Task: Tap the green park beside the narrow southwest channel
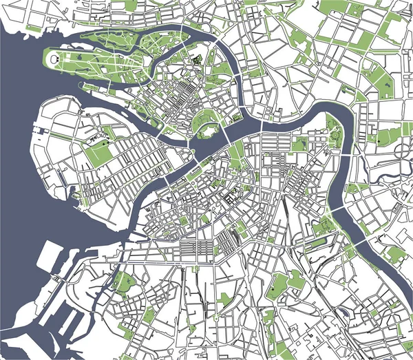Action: [x=124, y=282]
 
